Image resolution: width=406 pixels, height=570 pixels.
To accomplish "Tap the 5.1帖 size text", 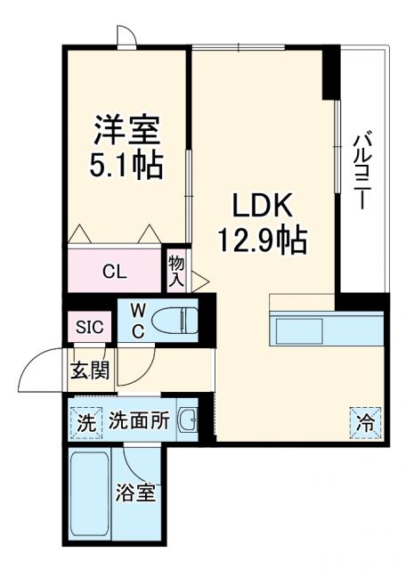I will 126,167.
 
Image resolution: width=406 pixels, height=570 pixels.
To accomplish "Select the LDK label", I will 263,207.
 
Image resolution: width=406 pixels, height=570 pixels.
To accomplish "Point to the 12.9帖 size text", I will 263,239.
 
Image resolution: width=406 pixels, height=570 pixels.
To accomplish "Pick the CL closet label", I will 113,271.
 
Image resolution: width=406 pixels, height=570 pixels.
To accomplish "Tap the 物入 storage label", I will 176,271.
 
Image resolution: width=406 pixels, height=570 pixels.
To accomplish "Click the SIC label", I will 88,327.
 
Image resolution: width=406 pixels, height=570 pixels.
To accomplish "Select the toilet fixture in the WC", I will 174,319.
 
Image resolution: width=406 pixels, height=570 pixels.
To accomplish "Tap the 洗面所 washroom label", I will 139,421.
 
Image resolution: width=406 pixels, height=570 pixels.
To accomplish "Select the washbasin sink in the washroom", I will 188,421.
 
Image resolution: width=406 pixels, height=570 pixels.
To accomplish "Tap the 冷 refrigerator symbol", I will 366,421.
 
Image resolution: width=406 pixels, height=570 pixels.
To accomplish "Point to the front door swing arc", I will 40,370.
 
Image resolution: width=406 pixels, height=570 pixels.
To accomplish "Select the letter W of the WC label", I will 139,308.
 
